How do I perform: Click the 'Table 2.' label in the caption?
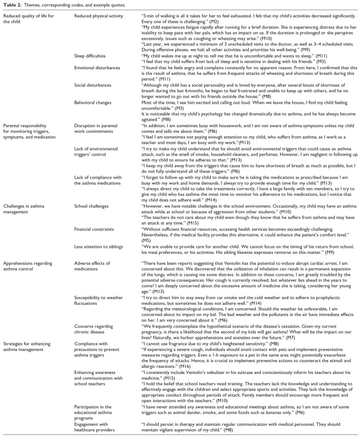11,5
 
